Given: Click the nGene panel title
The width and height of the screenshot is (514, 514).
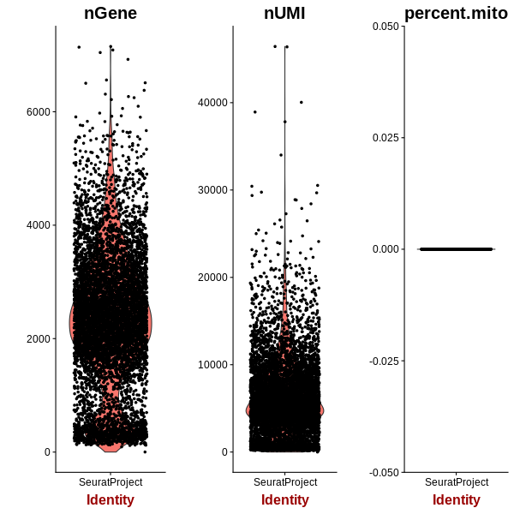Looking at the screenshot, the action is pyautogui.click(x=111, y=14).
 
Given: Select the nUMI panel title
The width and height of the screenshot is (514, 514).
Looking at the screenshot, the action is pyautogui.click(x=284, y=14).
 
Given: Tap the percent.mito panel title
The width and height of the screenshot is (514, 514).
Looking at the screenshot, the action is pyautogui.click(x=456, y=14).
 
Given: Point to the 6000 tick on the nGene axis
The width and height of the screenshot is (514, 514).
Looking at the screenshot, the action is pyautogui.click(x=39, y=111).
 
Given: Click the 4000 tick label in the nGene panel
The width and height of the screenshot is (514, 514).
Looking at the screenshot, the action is pyautogui.click(x=39, y=225).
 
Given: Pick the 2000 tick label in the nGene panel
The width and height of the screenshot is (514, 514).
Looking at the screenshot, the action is pyautogui.click(x=39, y=338).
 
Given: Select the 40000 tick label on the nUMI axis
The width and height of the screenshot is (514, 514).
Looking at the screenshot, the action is pyautogui.click(x=212, y=102).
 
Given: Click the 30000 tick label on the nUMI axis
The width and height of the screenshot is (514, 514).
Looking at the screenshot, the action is pyautogui.click(x=212, y=190).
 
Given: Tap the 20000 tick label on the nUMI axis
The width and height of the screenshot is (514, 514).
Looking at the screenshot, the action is pyautogui.click(x=212, y=278).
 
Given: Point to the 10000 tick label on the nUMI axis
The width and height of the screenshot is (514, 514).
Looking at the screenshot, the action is pyautogui.click(x=212, y=365).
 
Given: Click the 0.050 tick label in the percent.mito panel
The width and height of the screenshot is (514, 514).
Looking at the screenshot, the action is pyautogui.click(x=385, y=27).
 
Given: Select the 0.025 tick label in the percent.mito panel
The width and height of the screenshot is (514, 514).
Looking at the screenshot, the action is pyautogui.click(x=385, y=138).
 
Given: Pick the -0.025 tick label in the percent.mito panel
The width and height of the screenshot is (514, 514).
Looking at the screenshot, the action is pyautogui.click(x=384, y=362).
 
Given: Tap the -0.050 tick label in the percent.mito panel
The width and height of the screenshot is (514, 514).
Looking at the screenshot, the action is pyautogui.click(x=384, y=473).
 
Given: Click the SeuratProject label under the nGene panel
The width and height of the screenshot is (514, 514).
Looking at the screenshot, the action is pyautogui.click(x=111, y=482).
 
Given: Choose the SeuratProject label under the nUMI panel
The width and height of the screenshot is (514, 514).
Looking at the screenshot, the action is pyautogui.click(x=285, y=482).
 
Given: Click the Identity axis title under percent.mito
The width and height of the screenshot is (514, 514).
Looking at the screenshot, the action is pyautogui.click(x=457, y=500).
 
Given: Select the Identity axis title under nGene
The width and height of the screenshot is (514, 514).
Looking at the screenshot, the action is pyautogui.click(x=111, y=500).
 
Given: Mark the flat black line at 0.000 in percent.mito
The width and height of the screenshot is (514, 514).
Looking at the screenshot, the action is pyautogui.click(x=457, y=249).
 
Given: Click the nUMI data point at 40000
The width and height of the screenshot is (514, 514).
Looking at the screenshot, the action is pyautogui.click(x=302, y=102).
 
